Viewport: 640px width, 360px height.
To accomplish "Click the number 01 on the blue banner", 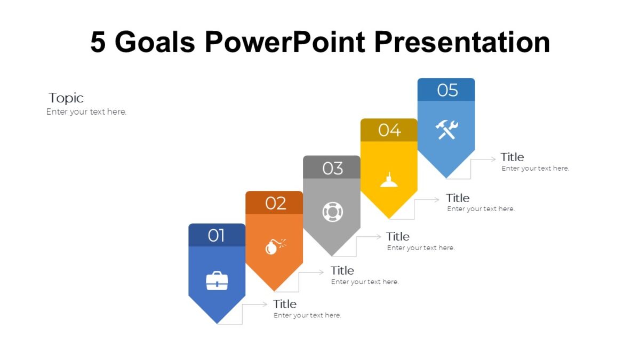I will (217, 235).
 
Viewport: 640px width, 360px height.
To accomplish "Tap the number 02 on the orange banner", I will (276, 203).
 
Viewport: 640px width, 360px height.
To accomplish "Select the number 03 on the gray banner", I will (332, 168).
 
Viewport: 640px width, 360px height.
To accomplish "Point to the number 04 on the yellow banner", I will (389, 130).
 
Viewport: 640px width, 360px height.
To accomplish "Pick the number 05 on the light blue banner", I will (447, 90).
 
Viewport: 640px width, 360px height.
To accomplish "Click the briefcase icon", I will (217, 281).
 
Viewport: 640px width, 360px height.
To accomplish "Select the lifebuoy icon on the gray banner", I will (332, 212).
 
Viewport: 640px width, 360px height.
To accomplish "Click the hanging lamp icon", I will (389, 180).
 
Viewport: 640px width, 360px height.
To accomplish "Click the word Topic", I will (66, 98).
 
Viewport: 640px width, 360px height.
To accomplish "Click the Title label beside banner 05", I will (512, 157).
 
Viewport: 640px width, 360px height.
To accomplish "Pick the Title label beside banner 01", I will (285, 304).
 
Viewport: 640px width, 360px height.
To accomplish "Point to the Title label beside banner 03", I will (398, 236).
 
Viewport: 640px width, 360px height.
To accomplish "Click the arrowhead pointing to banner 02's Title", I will (321, 272).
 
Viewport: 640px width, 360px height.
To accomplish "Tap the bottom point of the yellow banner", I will (389, 218).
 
